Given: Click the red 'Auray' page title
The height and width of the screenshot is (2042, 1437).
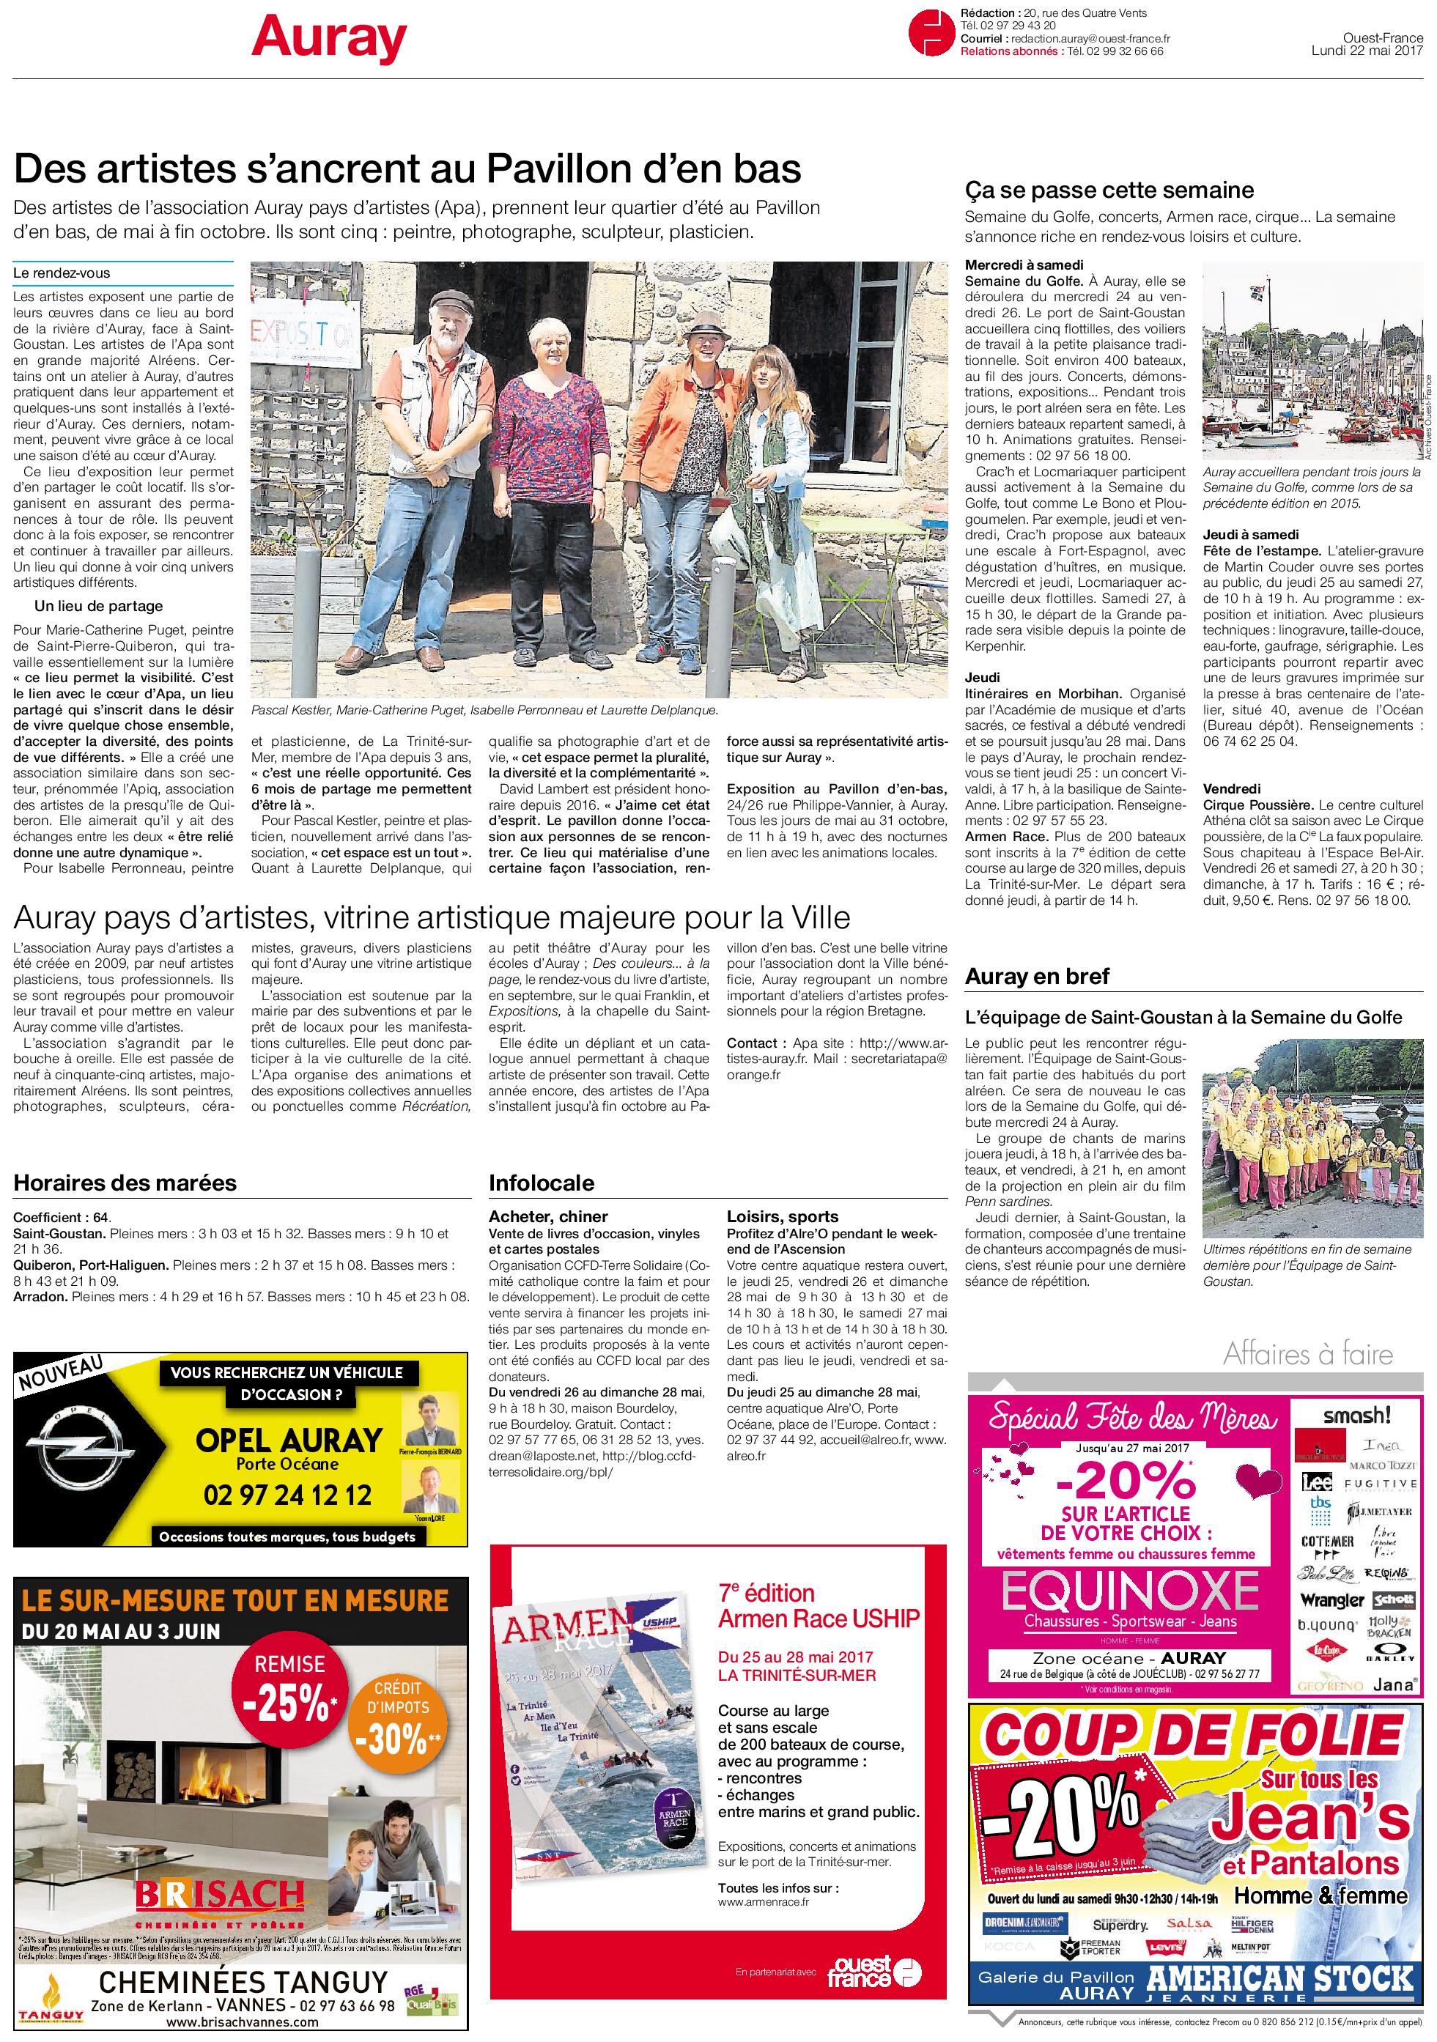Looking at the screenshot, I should pyautogui.click(x=328, y=40).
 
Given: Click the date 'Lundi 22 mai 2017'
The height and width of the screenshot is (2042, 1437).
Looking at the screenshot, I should pyautogui.click(x=1367, y=51).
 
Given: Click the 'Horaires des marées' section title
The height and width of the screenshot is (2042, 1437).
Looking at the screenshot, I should pyautogui.click(x=125, y=1183).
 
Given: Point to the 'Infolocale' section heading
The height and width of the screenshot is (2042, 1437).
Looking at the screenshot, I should pyautogui.click(x=542, y=1183).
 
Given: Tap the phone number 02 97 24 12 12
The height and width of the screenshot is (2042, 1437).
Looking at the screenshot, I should pyautogui.click(x=287, y=1495).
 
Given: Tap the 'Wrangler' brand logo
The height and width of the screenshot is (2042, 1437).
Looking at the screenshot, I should pyautogui.click(x=1331, y=1600).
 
